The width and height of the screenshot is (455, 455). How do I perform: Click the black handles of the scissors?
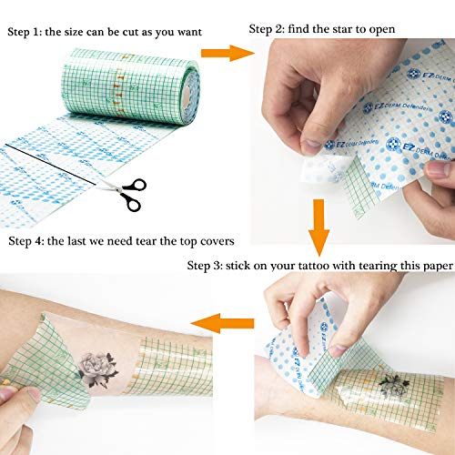[133, 198]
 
